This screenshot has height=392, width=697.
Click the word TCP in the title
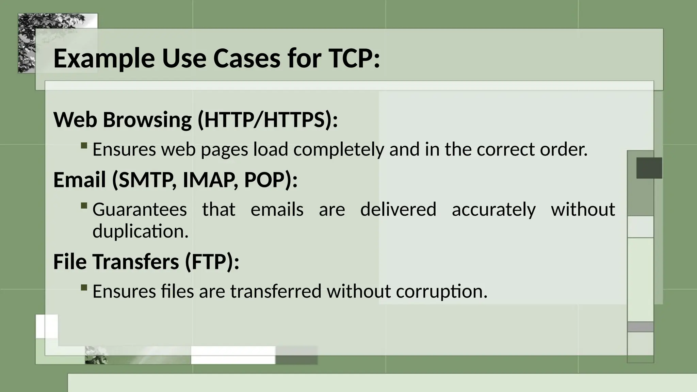[353, 59]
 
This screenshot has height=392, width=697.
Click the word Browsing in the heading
[147, 121]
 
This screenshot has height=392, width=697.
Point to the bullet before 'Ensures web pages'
[84, 146]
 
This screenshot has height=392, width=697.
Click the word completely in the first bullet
[338, 150]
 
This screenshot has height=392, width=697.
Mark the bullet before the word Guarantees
[84, 206]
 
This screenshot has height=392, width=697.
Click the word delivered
[398, 209]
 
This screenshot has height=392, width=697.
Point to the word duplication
[140, 231]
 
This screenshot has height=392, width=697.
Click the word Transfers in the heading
[135, 262]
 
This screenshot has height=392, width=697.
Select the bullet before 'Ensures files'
[84, 288]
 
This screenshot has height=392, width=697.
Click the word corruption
[441, 292]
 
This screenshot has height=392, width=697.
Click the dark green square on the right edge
[649, 168]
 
